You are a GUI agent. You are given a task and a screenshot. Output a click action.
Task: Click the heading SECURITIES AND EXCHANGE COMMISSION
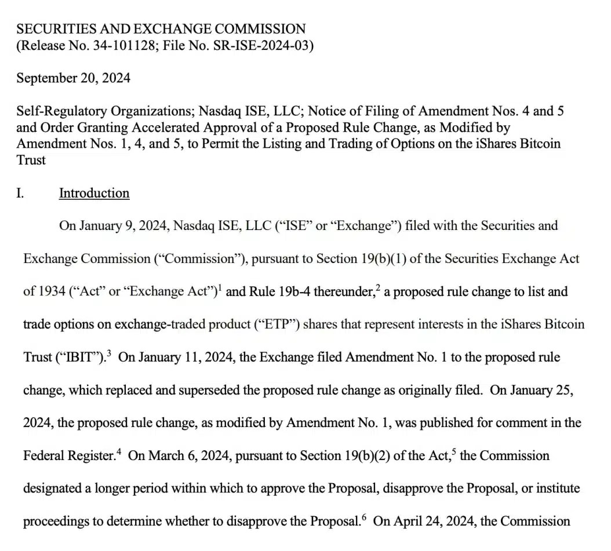pos(161,29)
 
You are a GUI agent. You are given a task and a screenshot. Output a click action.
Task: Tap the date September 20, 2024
pos(73,78)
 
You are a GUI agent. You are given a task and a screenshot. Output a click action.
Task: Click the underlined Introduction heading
pos(94,194)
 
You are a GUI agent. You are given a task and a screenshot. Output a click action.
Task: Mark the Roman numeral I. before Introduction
pos(20,194)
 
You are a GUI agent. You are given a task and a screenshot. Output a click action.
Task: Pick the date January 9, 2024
pos(121,226)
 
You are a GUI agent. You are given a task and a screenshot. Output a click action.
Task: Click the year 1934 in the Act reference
pos(52,291)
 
